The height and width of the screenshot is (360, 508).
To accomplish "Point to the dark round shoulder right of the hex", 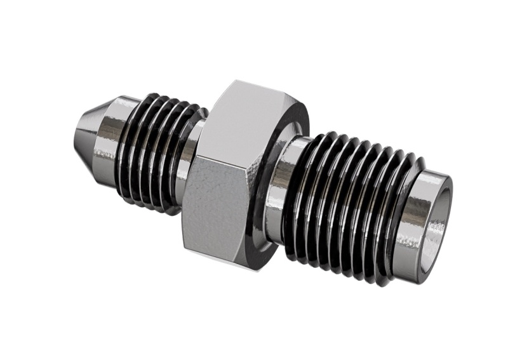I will [262, 184].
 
